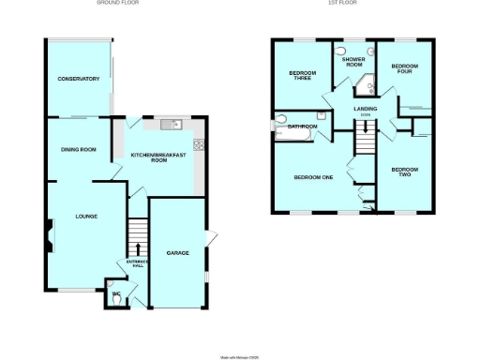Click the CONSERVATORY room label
77,79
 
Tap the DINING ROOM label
79,150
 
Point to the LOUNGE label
87,217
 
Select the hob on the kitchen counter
198,144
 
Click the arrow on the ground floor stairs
139,249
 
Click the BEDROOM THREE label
302,76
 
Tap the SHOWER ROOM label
352,62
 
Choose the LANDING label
365,110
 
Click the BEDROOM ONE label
313,177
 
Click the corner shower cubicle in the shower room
364,91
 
